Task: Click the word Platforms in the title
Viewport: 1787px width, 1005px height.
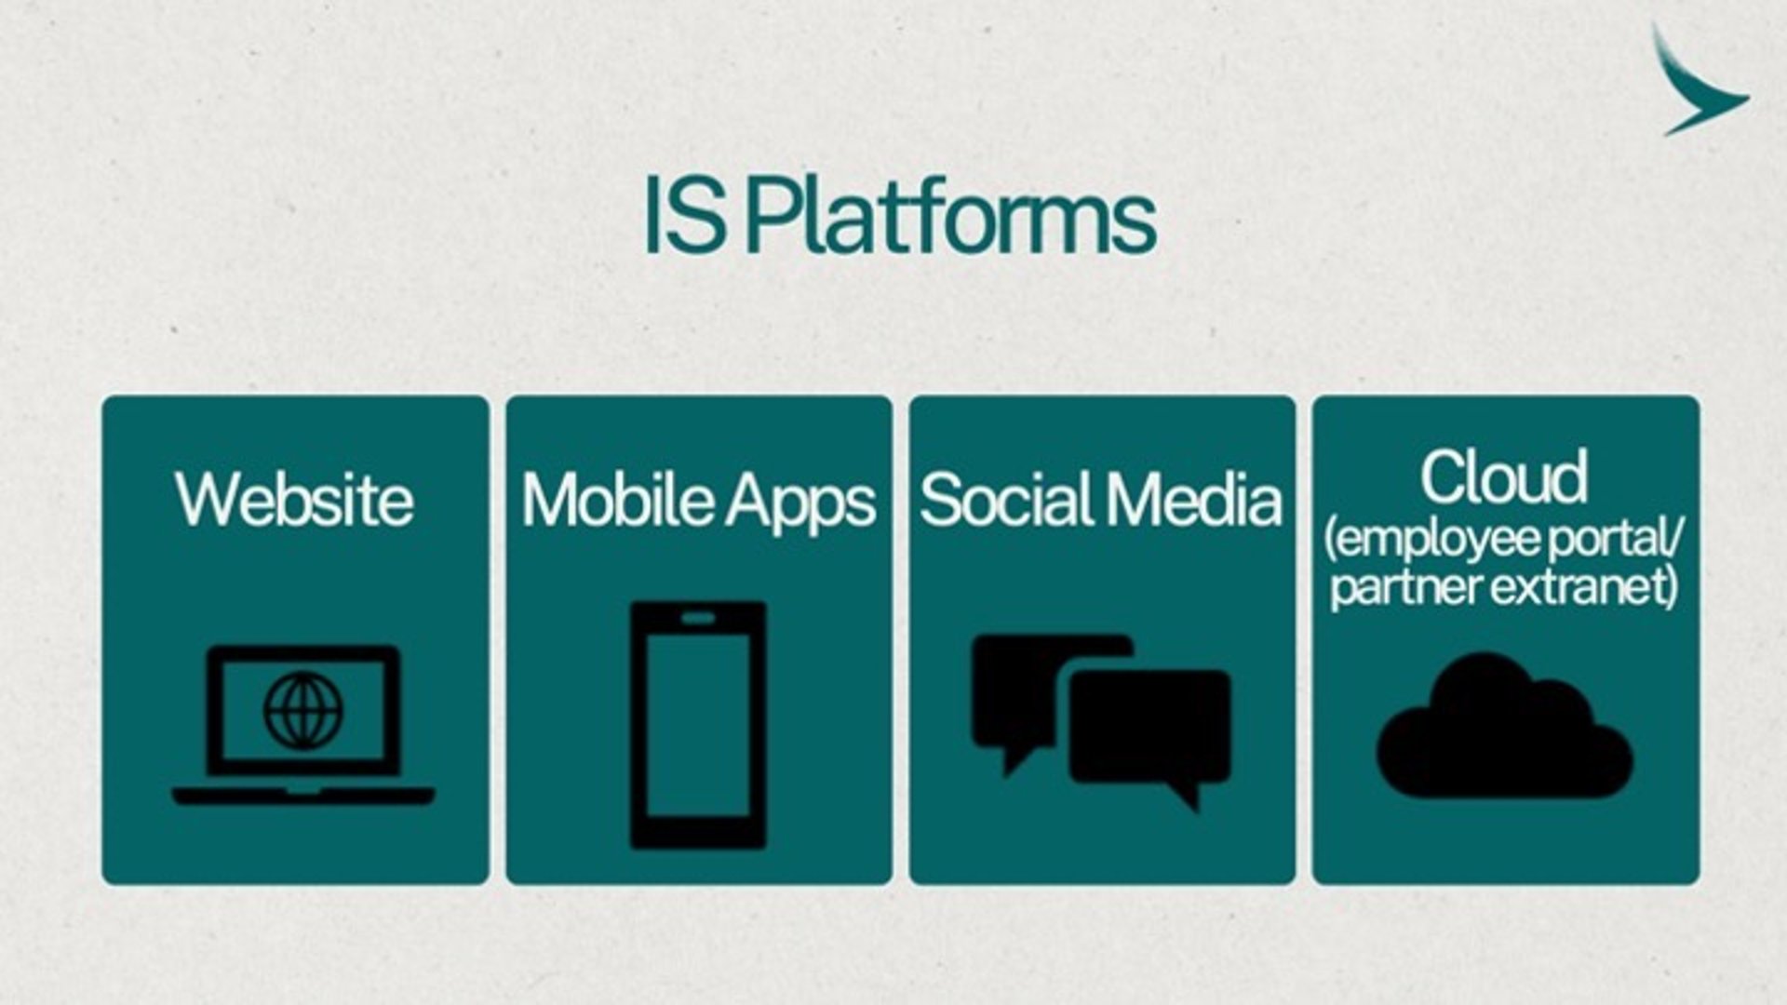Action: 950,218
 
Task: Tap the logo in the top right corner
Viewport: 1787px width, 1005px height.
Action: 1700,81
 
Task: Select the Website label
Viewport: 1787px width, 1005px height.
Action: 294,500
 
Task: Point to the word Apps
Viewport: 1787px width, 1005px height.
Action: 800,503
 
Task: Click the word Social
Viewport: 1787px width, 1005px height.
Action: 1008,500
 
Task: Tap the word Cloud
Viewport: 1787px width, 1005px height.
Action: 1504,476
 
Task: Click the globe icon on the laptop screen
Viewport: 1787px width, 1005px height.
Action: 303,711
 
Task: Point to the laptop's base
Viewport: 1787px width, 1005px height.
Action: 303,795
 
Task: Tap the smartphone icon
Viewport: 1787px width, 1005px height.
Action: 698,725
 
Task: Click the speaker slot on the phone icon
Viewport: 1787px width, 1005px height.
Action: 698,618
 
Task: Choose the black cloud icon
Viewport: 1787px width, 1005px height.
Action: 1504,726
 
